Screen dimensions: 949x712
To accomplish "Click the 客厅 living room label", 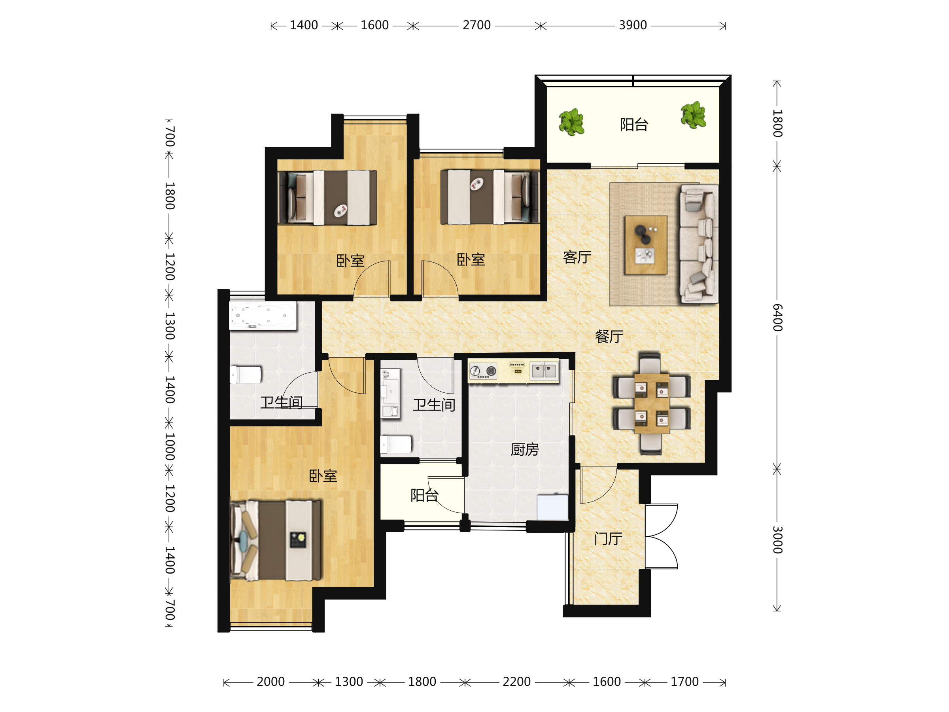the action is [577, 257].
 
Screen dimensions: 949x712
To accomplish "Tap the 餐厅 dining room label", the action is [609, 337].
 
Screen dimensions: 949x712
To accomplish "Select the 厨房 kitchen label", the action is [525, 449].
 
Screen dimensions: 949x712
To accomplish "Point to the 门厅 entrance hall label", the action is [608, 539].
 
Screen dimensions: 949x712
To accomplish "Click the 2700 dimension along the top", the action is [476, 25].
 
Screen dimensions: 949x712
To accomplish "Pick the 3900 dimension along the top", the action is [633, 25].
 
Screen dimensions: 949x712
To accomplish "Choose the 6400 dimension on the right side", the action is [777, 318].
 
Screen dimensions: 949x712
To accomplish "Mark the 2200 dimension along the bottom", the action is [516, 682].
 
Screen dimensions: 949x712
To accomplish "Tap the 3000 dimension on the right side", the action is [777, 540].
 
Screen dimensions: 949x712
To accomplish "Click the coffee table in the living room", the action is [646, 244].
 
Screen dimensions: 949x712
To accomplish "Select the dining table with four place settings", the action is [652, 403].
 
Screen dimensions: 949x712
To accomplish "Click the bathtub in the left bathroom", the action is [263, 316].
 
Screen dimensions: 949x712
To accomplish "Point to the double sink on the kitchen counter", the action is [544, 370].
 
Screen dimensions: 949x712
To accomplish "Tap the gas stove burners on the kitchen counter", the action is [483, 371].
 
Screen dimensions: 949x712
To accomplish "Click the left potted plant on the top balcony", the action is [571, 122].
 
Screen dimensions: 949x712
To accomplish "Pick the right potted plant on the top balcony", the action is [693, 115].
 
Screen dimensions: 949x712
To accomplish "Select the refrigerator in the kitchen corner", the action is [552, 507].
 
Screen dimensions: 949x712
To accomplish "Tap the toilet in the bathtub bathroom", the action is [246, 375].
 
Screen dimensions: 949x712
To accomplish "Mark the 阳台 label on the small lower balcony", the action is [424, 495].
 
